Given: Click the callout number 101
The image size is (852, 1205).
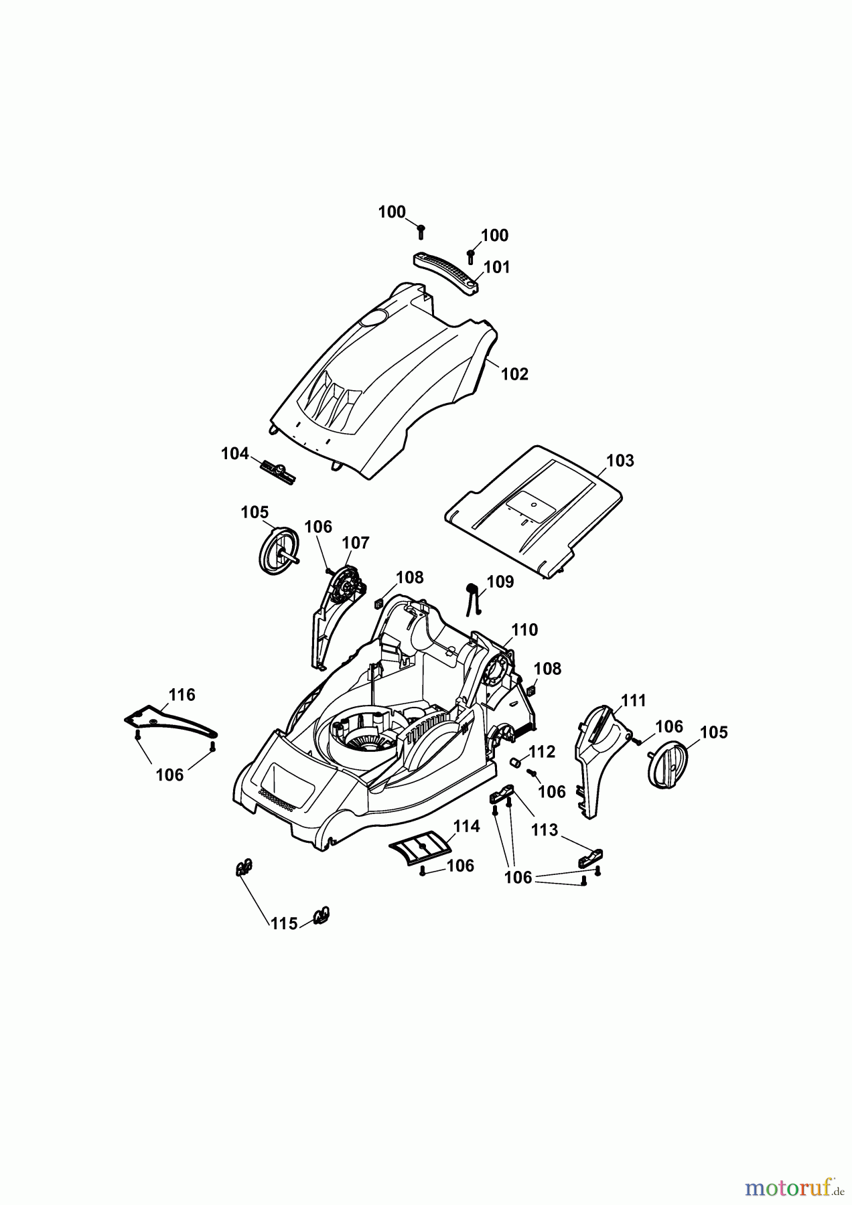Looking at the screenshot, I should pos(496,267).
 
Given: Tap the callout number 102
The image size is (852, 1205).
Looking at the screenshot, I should pos(514,374).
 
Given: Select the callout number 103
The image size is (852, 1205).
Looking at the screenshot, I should pos(620,461).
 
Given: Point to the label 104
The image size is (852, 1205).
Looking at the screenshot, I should pos(234,454).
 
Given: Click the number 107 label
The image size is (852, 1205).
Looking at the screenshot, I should pos(356,542).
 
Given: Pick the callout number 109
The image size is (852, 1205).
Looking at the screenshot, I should pos(500,582).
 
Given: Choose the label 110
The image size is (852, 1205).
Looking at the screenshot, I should pos(524,629).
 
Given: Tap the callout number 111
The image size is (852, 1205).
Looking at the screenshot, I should pos(633,700).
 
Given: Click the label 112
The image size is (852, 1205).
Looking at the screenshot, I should pos(542,752).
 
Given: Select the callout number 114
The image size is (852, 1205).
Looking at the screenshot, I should pos(466,826).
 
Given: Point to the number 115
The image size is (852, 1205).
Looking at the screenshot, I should pos(283,923).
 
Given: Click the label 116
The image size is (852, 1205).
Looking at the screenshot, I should pos(182,695).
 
